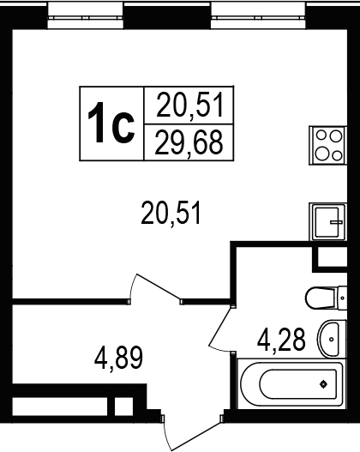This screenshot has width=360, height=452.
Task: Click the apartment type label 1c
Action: (x=111, y=123)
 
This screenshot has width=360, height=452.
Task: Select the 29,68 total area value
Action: (x=189, y=142)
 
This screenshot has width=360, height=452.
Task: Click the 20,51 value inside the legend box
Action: (x=190, y=105)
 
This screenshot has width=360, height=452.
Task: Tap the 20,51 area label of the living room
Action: (x=171, y=213)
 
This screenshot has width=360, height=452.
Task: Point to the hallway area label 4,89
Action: (x=118, y=358)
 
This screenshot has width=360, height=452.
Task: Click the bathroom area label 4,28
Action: (x=281, y=341)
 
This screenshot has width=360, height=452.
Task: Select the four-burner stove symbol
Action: (x=327, y=145)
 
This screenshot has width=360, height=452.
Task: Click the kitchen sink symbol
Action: (x=327, y=221)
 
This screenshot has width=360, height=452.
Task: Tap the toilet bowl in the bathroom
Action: (x=321, y=298)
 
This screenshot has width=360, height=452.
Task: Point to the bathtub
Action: (x=291, y=384)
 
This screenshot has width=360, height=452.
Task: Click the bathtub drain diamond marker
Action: (x=324, y=384)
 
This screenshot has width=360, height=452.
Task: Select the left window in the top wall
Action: (x=86, y=15)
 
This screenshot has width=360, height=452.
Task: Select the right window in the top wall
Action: (x=258, y=15)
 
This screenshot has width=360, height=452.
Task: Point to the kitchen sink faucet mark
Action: (x=336, y=222)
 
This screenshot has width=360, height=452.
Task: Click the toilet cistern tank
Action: (x=342, y=298)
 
